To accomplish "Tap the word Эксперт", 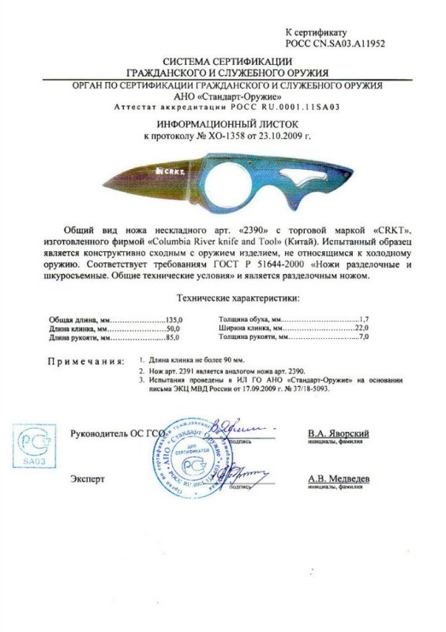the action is pos(88,479).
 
